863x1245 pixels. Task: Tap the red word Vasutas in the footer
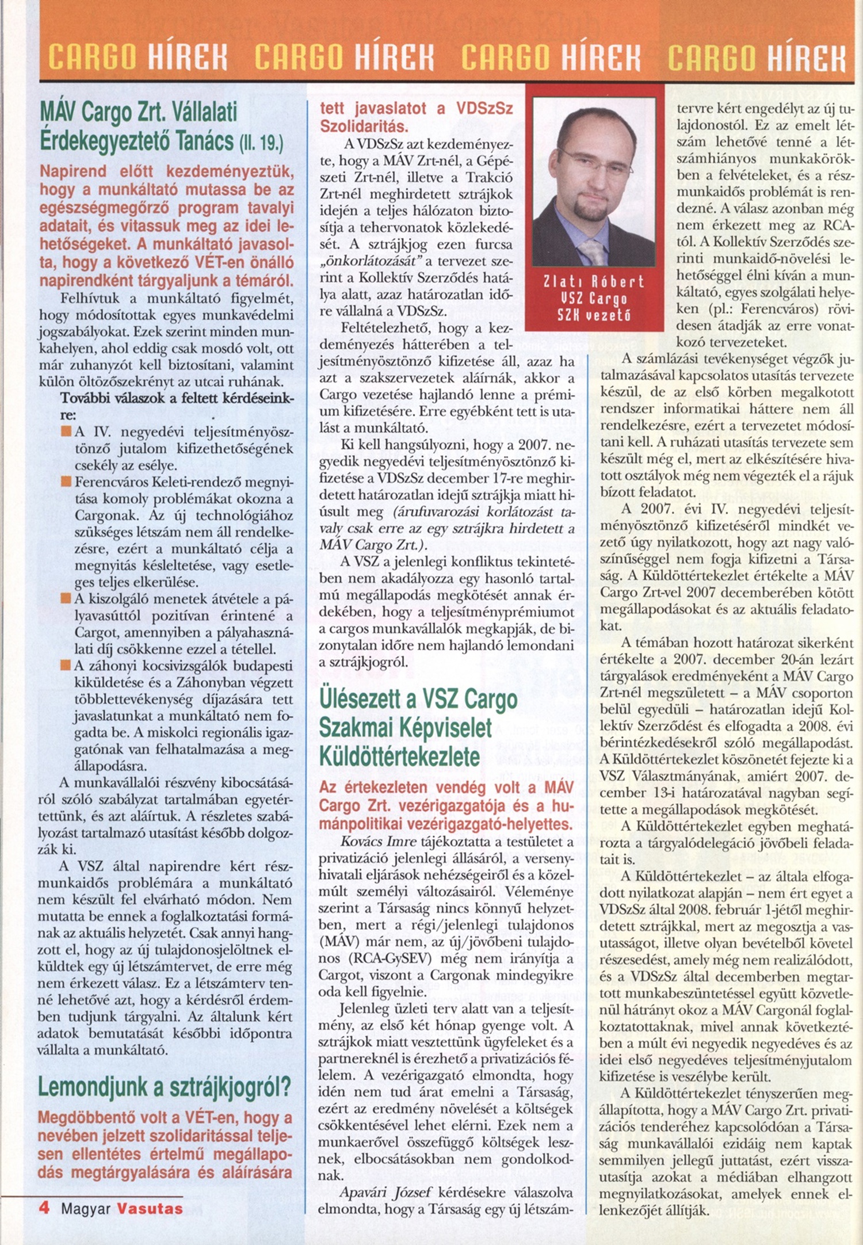[150, 1208]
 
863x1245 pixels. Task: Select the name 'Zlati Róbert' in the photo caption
[594, 282]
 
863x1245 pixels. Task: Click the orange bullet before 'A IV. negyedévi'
[66, 431]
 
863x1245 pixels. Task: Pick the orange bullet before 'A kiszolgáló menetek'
[66, 599]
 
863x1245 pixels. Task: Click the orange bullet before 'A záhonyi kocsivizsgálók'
[66, 666]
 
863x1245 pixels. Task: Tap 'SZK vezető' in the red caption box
[594, 315]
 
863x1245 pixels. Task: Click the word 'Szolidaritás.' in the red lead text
[364, 127]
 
